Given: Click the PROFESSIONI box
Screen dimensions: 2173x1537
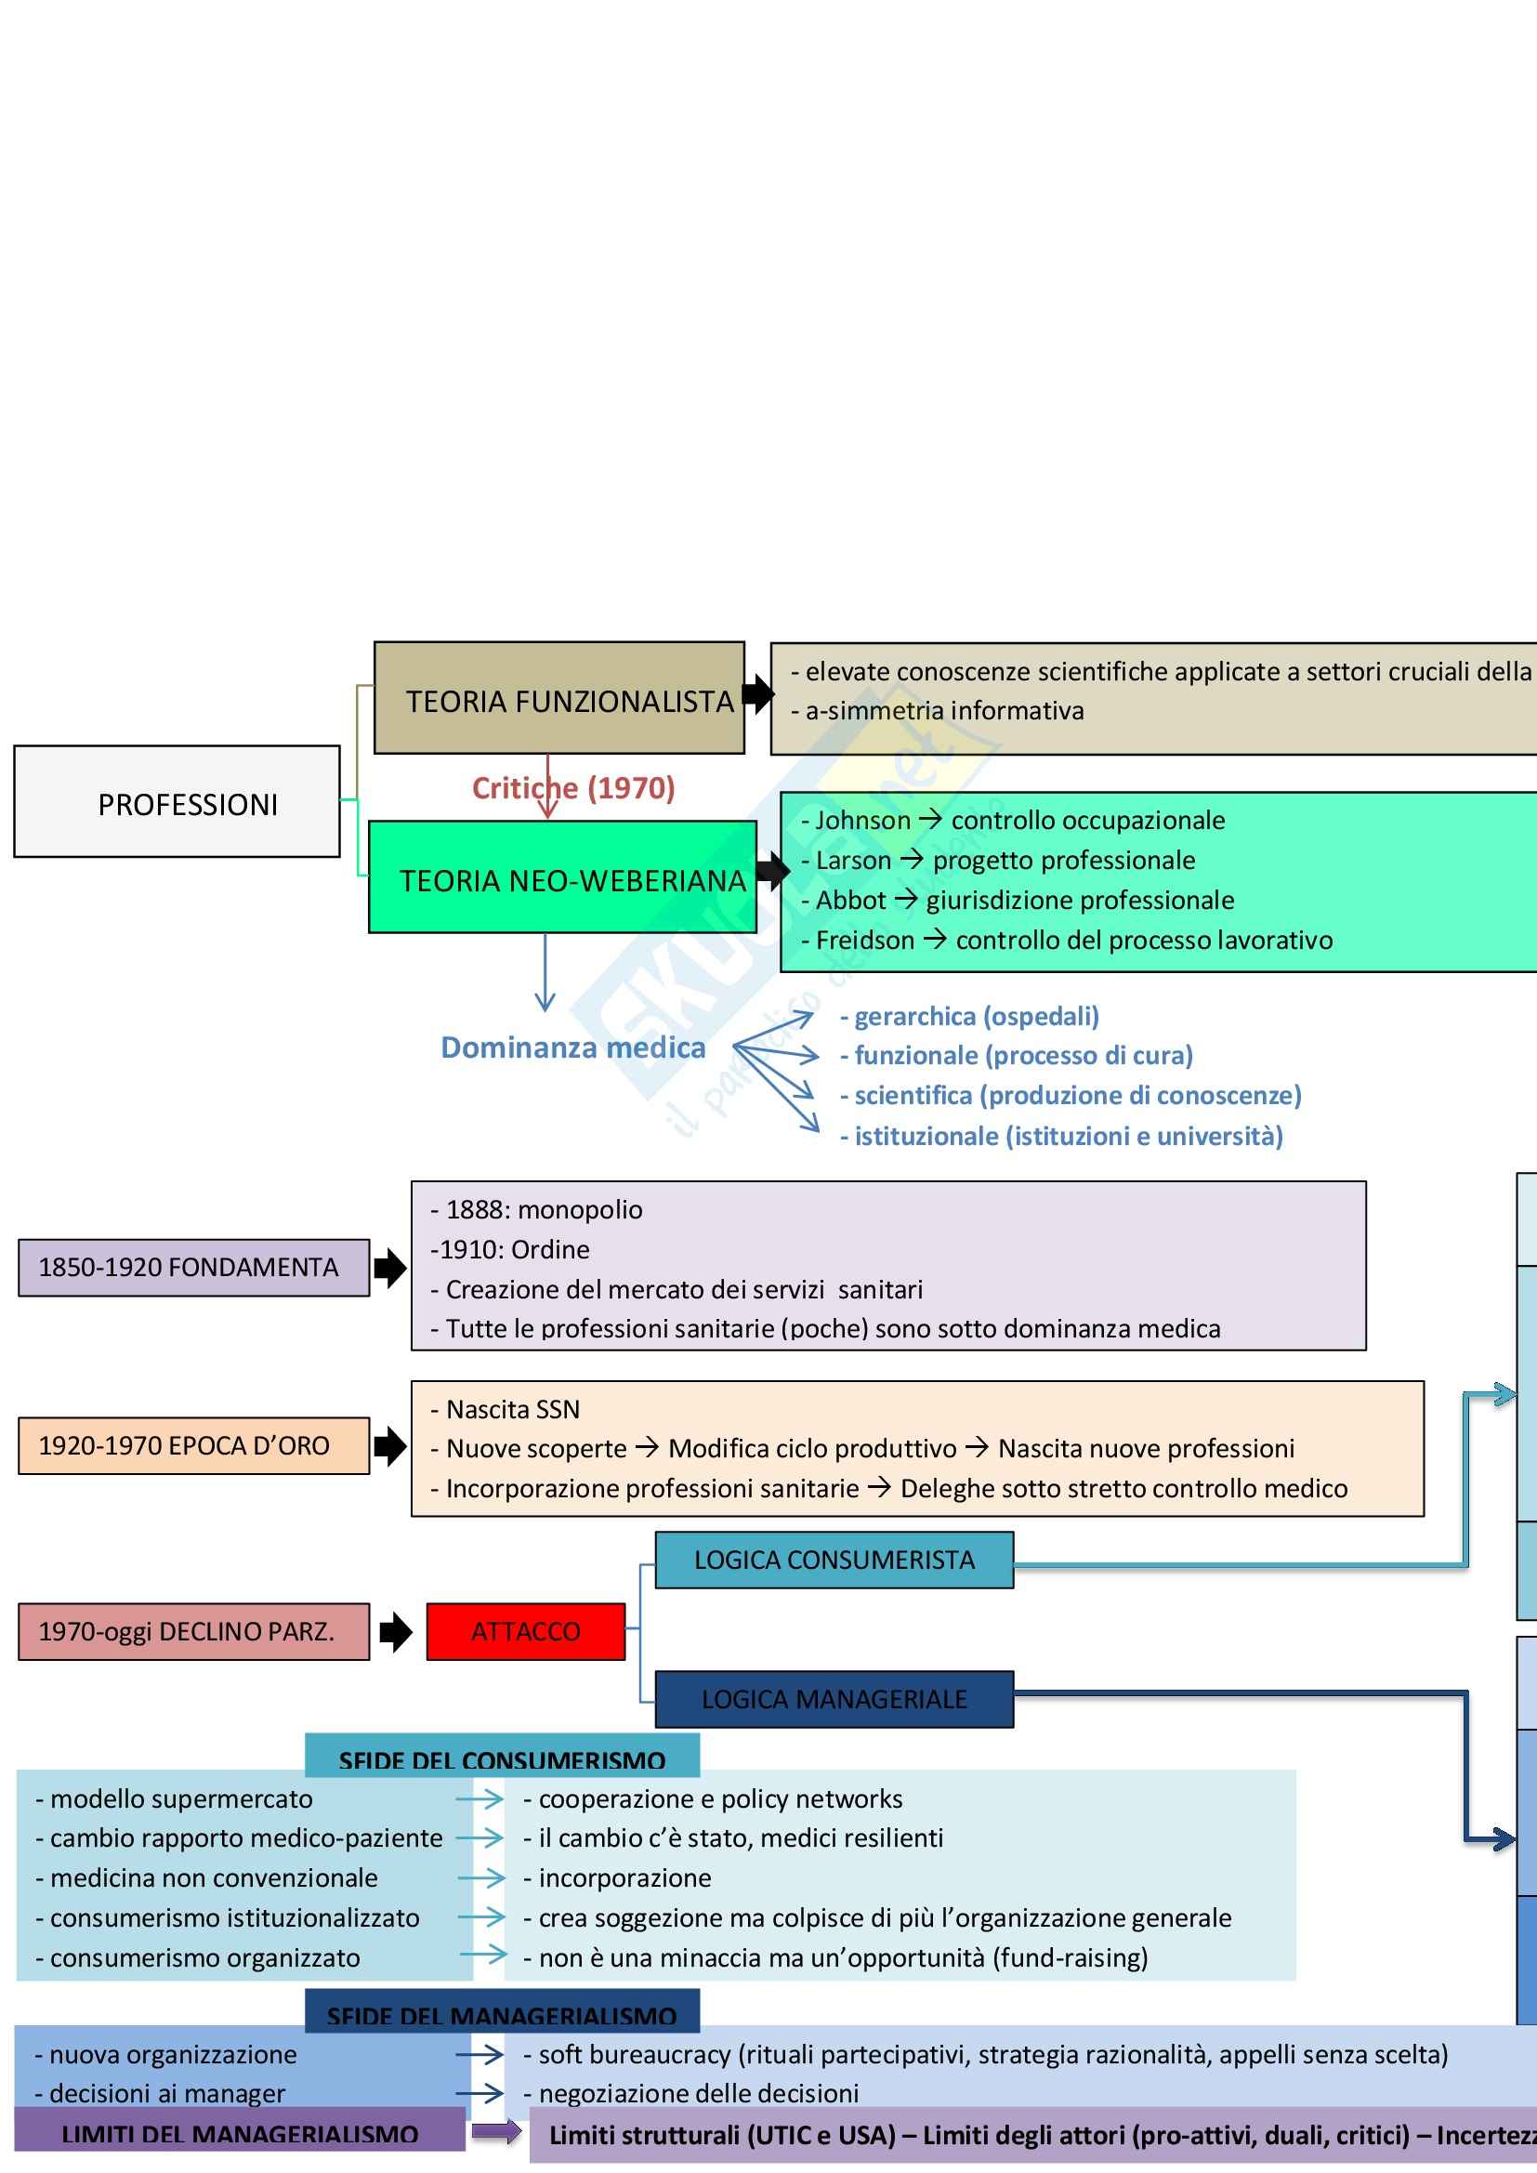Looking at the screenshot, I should point(177,803).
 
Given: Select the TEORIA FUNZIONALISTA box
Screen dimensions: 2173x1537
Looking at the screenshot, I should point(559,699).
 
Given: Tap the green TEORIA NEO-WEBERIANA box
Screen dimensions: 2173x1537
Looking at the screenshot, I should point(562,878).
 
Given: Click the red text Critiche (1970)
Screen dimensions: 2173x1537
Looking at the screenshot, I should point(573,788).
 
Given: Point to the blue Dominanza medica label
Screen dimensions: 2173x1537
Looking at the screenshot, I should point(572,1047).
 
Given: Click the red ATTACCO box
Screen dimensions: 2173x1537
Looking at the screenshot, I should point(525,1632).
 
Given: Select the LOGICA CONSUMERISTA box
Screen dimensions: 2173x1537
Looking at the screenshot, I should point(834,1560).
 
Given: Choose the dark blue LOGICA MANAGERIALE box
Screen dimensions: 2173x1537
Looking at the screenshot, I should point(834,1699).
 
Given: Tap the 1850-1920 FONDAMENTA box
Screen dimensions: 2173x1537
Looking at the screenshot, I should point(193,1267).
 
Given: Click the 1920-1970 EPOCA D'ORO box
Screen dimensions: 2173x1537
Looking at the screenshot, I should point(193,1445).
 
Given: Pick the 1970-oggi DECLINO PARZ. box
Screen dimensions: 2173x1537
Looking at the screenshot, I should point(193,1632).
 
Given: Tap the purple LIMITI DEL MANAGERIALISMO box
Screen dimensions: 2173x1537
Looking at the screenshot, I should point(240,2133).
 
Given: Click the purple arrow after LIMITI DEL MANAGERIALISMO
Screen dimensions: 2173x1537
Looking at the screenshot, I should point(497,2131).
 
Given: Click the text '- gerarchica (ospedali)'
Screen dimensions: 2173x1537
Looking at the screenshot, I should point(969,1017).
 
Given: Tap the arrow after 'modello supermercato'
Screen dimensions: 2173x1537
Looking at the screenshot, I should point(479,1799).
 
